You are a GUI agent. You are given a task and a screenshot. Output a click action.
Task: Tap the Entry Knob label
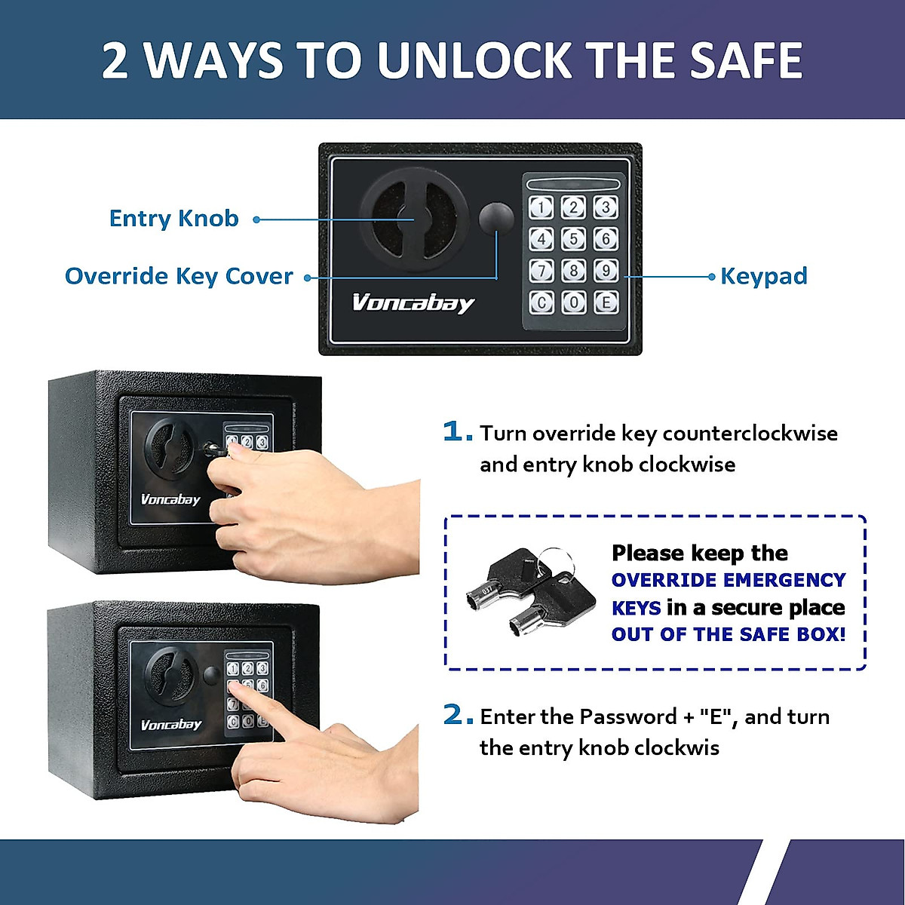pyautogui.click(x=174, y=219)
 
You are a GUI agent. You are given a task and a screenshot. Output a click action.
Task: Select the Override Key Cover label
pyautogui.click(x=179, y=276)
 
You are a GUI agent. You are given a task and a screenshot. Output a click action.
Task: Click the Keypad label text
pyautogui.click(x=763, y=276)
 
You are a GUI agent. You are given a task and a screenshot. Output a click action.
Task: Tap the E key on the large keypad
pyautogui.click(x=606, y=302)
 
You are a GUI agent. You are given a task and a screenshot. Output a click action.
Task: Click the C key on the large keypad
pyautogui.click(x=541, y=302)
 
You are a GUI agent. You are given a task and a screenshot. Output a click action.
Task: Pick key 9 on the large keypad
pyautogui.click(x=606, y=270)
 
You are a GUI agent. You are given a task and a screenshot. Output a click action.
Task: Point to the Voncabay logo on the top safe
pyautogui.click(x=413, y=303)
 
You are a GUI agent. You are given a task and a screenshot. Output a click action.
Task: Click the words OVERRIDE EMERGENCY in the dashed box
pyautogui.click(x=728, y=580)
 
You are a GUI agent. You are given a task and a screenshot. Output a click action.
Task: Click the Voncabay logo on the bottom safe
pyautogui.click(x=171, y=725)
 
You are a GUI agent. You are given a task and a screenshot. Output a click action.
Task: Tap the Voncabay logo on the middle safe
pyautogui.click(x=170, y=499)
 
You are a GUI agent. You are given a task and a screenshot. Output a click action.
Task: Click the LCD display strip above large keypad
pyautogui.click(x=573, y=184)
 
